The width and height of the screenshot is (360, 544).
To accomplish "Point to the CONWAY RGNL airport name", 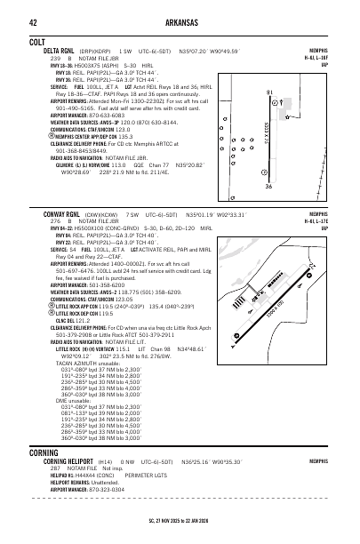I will tap(65, 214).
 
